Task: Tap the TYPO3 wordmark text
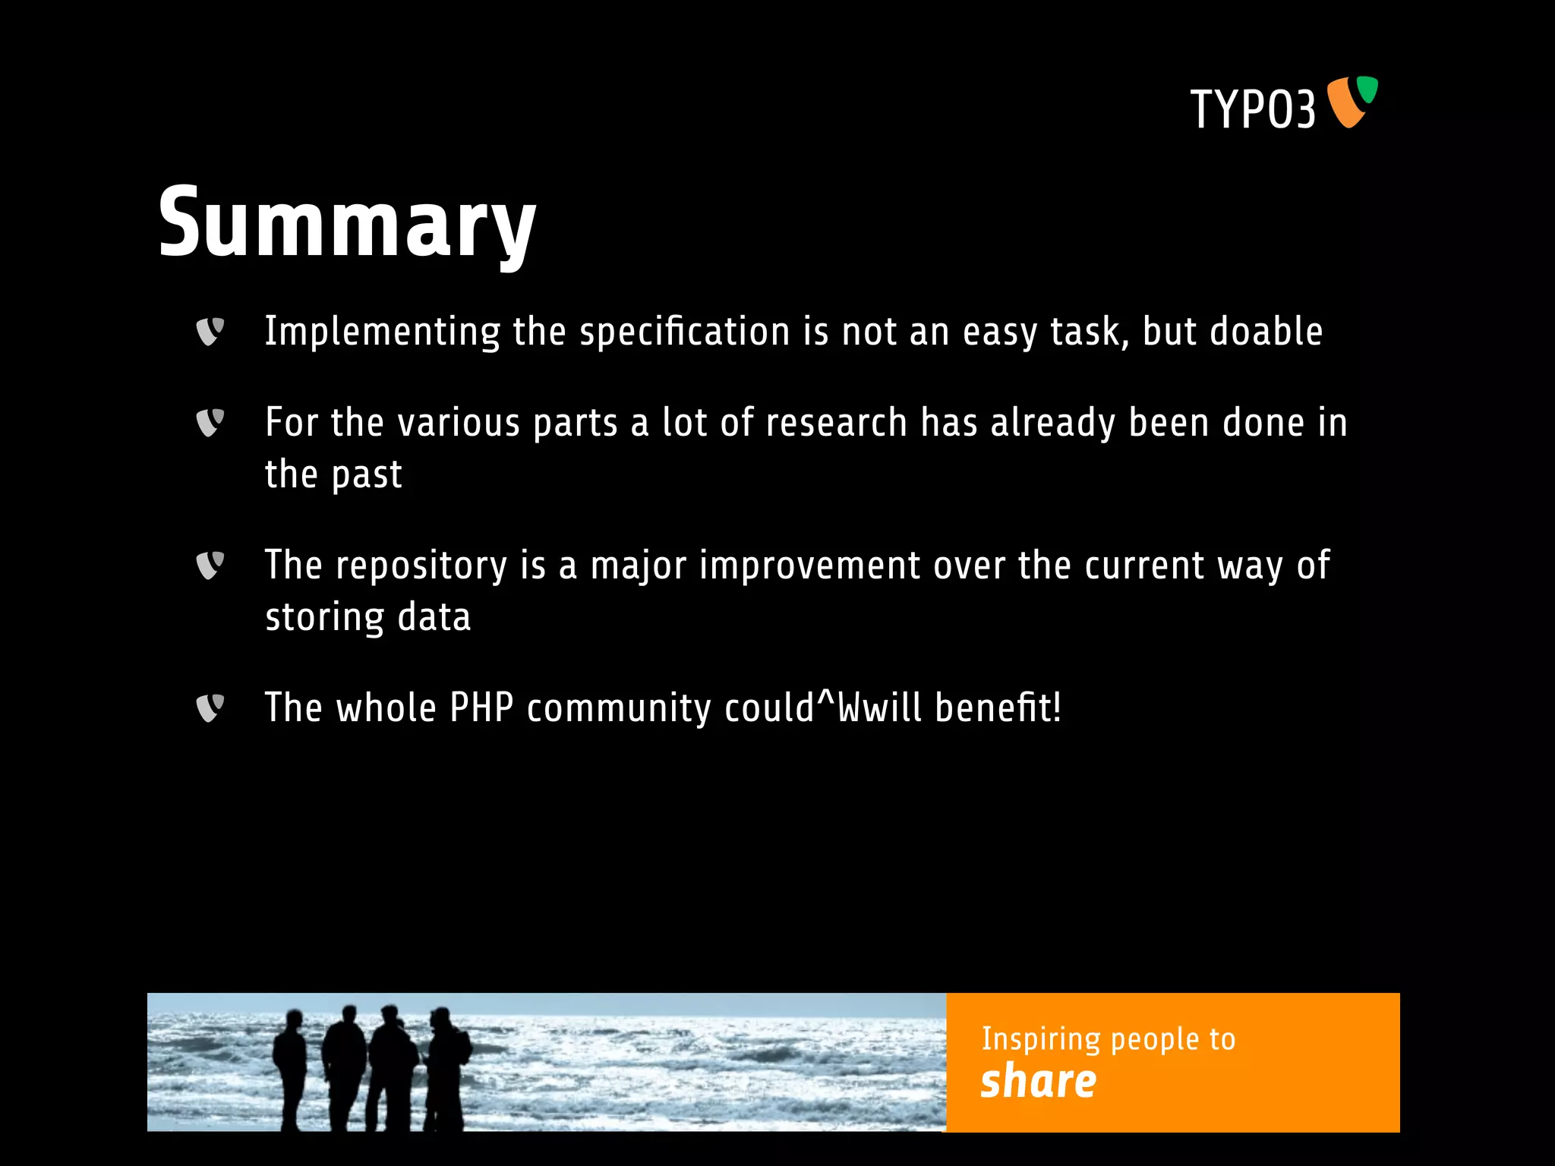1253,109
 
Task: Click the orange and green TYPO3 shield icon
1352,102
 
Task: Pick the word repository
421,566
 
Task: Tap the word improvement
809,566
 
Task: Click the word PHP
481,708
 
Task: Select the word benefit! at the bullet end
998,708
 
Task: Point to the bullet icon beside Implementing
210,332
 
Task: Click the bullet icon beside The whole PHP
210,708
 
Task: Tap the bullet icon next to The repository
210,566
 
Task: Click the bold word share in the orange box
1038,1081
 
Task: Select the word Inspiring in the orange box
1040,1039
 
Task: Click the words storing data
367,616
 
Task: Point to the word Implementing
382,332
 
